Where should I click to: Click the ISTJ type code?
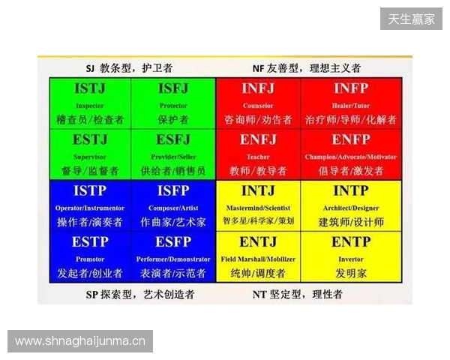pyautogui.click(x=90, y=89)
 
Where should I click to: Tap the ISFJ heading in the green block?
pyautogui.click(x=173, y=89)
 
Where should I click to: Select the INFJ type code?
pyautogui.click(x=258, y=89)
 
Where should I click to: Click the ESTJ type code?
pyautogui.click(x=90, y=140)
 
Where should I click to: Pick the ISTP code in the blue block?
pyautogui.click(x=90, y=191)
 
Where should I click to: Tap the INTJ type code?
pyautogui.click(x=258, y=191)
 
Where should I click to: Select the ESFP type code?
pyautogui.click(x=173, y=242)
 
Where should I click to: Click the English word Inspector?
pyautogui.click(x=90, y=106)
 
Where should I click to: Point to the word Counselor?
pyautogui.click(x=258, y=106)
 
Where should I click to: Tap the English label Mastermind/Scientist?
pyautogui.click(x=258, y=208)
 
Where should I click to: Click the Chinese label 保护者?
pyautogui.click(x=173, y=120)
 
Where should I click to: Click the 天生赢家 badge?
pyautogui.click(x=411, y=19)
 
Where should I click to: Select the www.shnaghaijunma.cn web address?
pyautogui.click(x=80, y=341)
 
